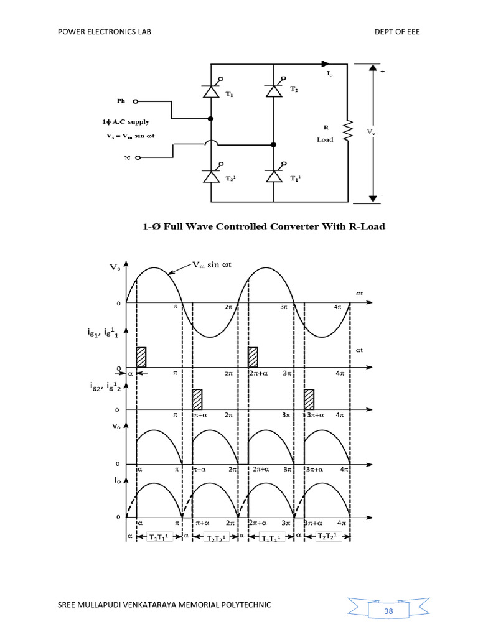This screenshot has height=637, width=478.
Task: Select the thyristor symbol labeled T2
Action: pos(273,91)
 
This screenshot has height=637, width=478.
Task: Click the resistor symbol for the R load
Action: pos(348,131)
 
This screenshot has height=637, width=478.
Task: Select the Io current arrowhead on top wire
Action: pos(324,63)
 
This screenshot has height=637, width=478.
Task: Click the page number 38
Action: pos(388,611)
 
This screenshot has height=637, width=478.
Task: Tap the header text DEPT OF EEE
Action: pos(396,32)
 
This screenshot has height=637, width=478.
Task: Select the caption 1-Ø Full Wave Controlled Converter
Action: pos(261,226)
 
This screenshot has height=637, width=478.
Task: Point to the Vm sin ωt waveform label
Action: pos(210,266)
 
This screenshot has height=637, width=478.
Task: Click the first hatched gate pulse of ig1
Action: pos(141,356)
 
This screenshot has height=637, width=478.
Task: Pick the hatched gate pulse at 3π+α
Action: pos(309,398)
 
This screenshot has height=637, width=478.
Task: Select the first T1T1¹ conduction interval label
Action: pos(159,537)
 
